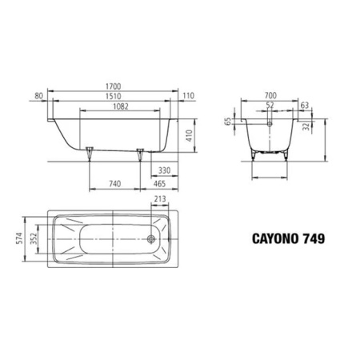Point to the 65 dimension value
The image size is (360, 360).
point(228,122)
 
